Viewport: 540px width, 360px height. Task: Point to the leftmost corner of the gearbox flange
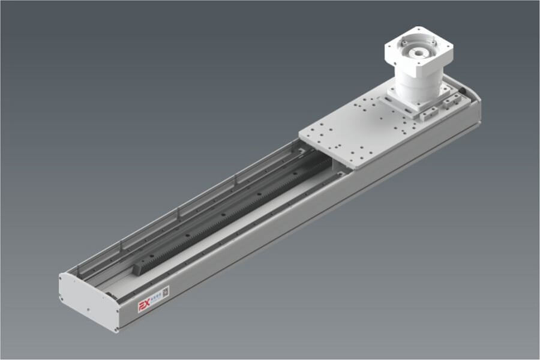click(x=385, y=47)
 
